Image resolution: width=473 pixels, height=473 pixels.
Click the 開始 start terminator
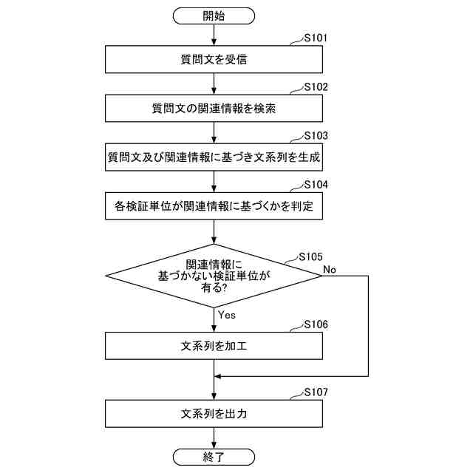(x=214, y=15)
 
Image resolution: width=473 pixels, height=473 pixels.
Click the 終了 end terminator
(x=214, y=457)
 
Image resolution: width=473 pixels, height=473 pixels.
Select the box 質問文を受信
(x=214, y=59)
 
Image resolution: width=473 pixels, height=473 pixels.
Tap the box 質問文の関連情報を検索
(x=214, y=109)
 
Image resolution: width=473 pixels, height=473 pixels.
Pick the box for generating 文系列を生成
(x=214, y=157)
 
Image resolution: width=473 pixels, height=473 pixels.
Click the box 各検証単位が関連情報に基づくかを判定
(x=214, y=206)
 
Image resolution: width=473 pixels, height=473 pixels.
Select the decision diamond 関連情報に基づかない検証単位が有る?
(x=214, y=276)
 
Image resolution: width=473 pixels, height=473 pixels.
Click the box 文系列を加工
(x=214, y=345)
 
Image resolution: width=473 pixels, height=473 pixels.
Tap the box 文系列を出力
(x=214, y=413)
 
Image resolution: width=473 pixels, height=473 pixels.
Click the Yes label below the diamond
(x=227, y=314)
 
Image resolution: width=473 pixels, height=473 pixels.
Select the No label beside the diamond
(x=330, y=269)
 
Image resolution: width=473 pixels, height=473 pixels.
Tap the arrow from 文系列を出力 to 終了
(x=214, y=438)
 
